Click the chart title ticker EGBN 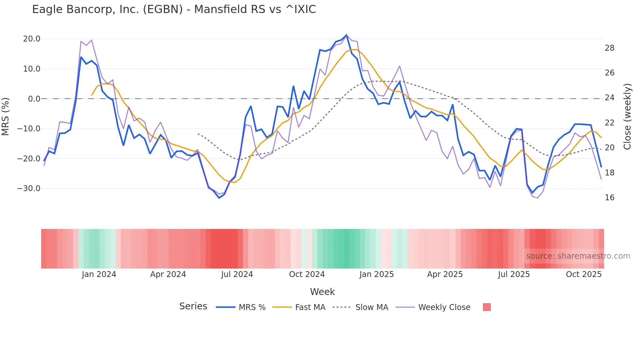click(163, 9)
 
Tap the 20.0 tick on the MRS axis click(32, 39)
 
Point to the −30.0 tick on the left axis click(29, 188)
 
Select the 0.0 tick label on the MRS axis click(34, 99)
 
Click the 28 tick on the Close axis click(610, 48)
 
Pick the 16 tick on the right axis click(610, 198)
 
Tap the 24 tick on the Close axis click(610, 98)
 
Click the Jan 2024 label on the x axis click(99, 274)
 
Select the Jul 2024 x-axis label click(237, 274)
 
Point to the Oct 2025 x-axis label click(584, 274)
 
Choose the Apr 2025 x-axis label click(445, 274)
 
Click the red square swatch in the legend click(487, 307)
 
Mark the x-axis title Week click(322, 292)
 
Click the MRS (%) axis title click(6, 116)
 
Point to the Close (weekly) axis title click(627, 117)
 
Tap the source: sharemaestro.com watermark click(578, 256)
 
